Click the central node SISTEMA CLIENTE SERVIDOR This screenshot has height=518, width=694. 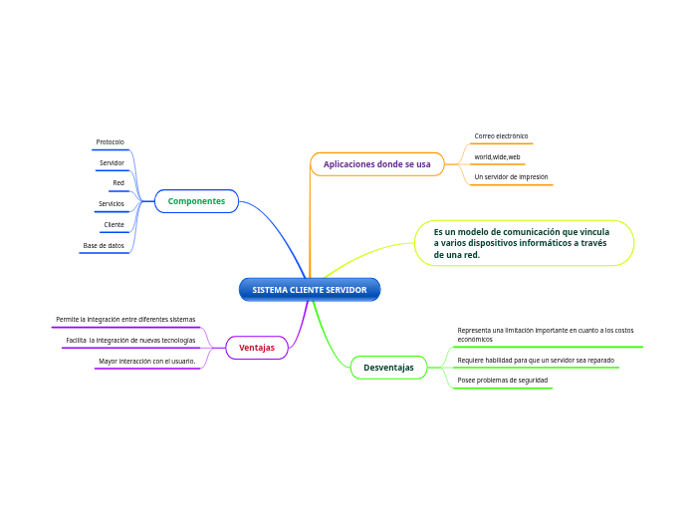point(310,290)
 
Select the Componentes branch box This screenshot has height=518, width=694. point(196,201)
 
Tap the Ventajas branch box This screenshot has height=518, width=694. point(257,348)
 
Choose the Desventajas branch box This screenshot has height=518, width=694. point(388,368)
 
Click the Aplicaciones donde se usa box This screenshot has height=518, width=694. point(376,163)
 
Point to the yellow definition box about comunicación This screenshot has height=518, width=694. point(523,243)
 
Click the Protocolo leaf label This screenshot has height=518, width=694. point(110,142)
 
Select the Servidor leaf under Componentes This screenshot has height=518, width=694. point(112,162)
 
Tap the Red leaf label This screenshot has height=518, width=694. point(118,183)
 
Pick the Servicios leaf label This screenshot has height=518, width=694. point(112,204)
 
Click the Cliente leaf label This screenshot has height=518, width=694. point(115,225)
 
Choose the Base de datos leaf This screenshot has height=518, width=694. point(104,245)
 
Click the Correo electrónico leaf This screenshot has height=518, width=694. point(501,135)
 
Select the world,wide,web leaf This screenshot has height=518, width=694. point(497,156)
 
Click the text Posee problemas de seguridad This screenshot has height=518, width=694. point(502,380)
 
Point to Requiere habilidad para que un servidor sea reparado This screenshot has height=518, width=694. point(536,360)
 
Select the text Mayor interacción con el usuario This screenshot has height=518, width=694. point(147,361)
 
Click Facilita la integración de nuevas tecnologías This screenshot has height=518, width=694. point(131,341)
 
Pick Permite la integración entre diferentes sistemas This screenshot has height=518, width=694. point(125,320)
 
